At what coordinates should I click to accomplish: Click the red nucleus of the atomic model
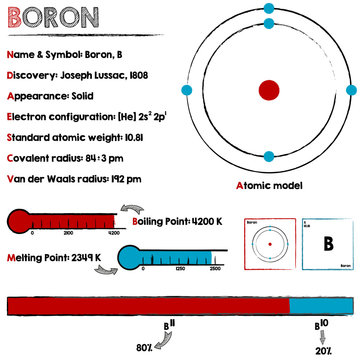(x=268, y=90)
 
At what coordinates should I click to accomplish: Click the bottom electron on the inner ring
(x=268, y=156)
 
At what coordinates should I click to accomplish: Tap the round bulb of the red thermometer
(x=19, y=221)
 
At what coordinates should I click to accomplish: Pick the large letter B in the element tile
(x=326, y=243)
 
